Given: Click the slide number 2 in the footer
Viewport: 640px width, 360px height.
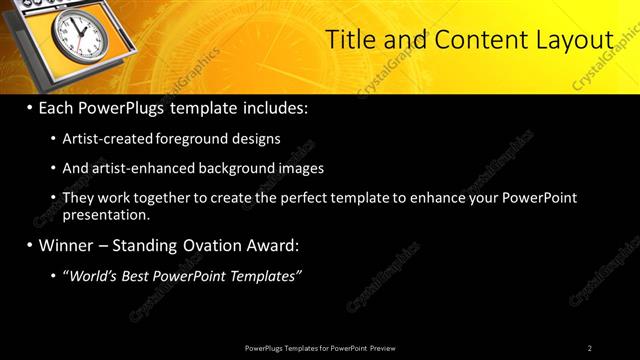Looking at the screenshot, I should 589,348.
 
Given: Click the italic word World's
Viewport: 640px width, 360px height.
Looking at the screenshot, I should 95,275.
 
